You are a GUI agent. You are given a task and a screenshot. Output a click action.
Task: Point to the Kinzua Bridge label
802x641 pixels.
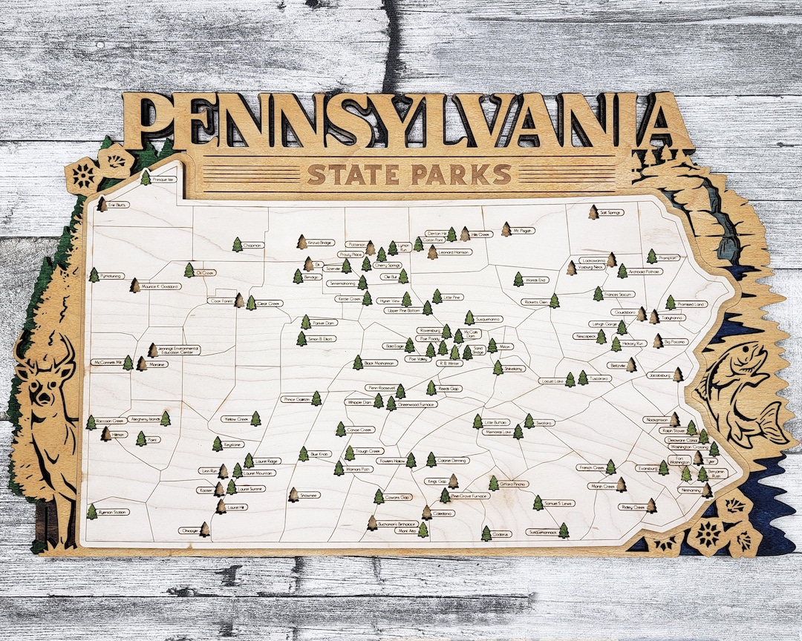[322, 243]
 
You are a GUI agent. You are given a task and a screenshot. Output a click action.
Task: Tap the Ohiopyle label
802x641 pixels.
[189, 531]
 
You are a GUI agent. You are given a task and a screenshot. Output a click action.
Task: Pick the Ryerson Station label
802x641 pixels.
[114, 512]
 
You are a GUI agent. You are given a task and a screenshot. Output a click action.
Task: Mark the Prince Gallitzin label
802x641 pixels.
[296, 399]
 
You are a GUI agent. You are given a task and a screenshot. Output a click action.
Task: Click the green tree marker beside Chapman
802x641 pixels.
[237, 244]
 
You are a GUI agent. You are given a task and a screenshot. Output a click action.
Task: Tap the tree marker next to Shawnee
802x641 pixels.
[293, 494]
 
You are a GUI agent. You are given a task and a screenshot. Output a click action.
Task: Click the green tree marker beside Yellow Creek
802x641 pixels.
[255, 418]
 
